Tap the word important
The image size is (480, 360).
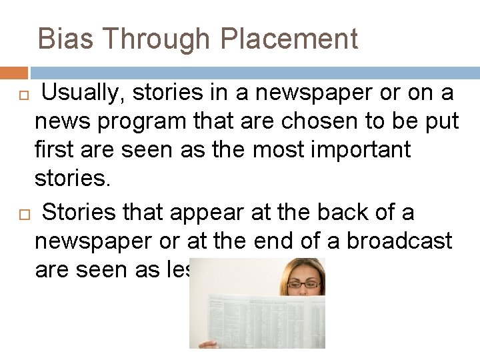point(363,151)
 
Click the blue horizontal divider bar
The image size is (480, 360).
point(254,73)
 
